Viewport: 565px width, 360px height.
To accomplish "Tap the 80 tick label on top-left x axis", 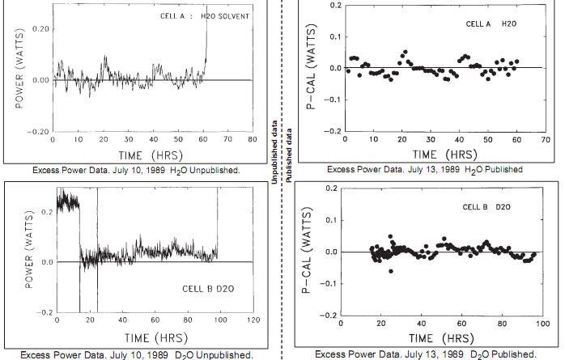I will [x=253, y=140].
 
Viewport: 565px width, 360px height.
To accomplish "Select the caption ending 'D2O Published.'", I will [x=425, y=354].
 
